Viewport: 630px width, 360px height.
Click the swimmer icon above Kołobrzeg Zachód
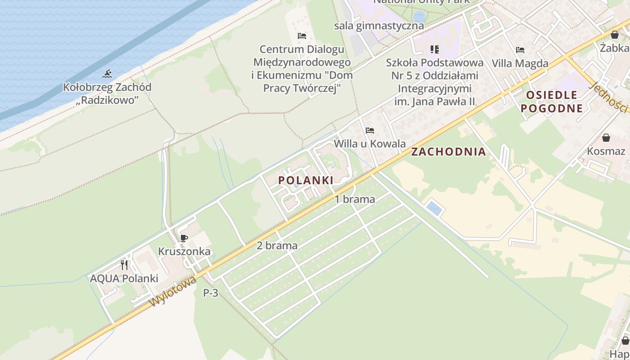coord(107,74)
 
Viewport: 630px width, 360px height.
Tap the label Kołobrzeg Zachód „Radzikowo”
coord(107,94)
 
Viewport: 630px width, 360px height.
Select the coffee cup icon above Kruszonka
coord(184,238)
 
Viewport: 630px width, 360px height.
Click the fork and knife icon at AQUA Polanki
coord(124,265)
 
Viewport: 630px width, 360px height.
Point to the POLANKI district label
coord(306,180)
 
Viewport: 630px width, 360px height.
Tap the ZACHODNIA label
coord(449,152)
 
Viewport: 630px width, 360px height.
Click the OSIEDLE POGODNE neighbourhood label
coord(551,101)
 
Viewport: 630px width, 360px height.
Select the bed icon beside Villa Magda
coord(520,49)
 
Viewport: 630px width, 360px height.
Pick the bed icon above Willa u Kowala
coord(370,130)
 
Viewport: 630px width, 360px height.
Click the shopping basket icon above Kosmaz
coord(606,138)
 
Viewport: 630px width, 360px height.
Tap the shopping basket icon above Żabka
coord(615,35)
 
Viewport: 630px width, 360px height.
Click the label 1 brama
coord(355,199)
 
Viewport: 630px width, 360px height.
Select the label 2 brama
coord(277,246)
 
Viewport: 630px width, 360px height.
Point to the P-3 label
coord(211,293)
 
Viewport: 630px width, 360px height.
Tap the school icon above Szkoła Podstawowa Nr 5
coord(434,49)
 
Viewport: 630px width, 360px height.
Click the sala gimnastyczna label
coord(379,26)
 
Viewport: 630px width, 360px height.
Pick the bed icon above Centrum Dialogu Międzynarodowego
coord(302,36)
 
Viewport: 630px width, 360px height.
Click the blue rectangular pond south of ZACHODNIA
coord(435,208)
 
